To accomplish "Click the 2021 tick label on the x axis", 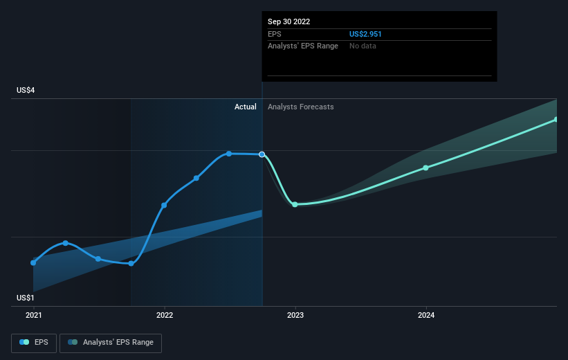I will point(33,315).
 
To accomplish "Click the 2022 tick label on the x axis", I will point(165,315).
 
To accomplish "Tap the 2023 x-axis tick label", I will point(295,315).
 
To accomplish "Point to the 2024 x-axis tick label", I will point(426,315).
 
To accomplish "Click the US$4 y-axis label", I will point(26,91).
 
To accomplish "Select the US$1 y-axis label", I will point(26,298).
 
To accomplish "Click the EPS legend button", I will point(34,342).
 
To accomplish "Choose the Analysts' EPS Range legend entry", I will point(111,342).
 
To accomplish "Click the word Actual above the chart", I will point(245,107).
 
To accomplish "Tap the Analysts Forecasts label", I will point(300,107).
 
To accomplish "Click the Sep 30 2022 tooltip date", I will point(288,21).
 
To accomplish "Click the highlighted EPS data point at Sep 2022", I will point(262,154).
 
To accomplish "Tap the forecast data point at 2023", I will point(295,204).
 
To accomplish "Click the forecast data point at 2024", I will point(425,168).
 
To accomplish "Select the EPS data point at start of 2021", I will point(33,262).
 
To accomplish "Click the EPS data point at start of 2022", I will point(164,205).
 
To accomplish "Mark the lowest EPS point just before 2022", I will point(131,263).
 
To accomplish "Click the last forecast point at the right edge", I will point(556,120).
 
